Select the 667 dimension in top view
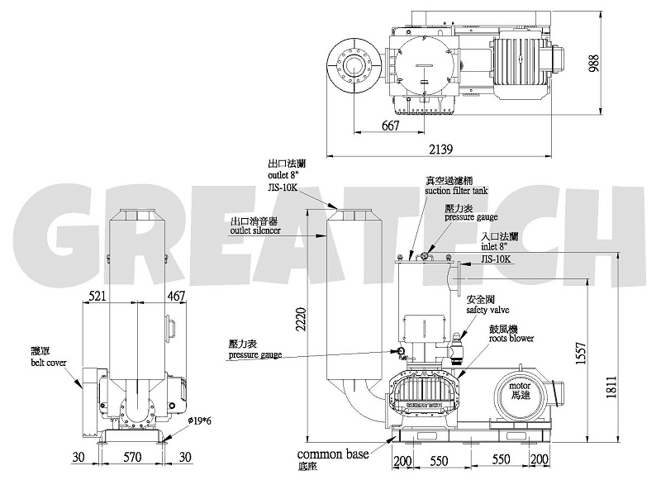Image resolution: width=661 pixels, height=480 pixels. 391,126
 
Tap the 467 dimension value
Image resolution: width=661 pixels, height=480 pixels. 174,295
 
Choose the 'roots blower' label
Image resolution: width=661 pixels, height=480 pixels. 510,338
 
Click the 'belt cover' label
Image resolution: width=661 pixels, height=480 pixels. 50,362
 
